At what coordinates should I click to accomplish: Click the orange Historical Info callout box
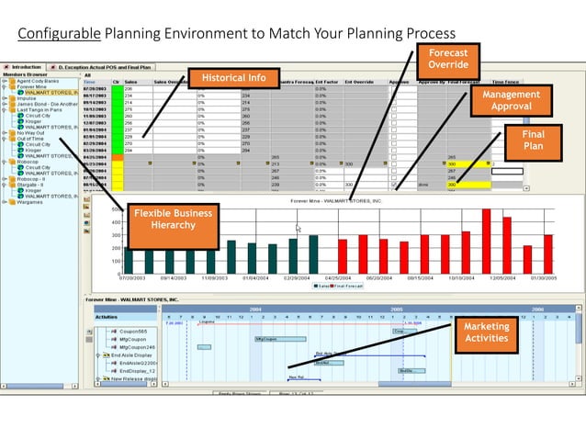coord(233,78)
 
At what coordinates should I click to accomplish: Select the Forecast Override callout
coord(448,59)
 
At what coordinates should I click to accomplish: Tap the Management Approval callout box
coord(513,100)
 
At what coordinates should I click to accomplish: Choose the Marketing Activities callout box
coord(486,333)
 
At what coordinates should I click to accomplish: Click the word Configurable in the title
coord(60,34)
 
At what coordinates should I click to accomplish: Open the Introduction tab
coord(24,67)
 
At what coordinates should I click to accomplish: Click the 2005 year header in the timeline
coord(397,310)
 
